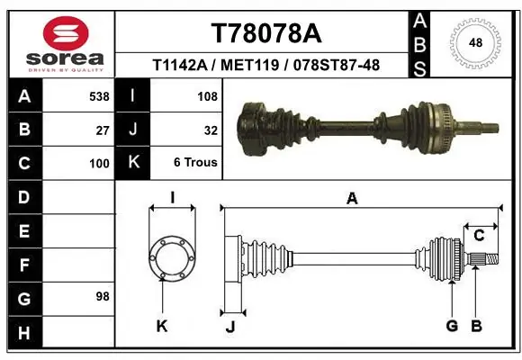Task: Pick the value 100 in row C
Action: pyautogui.click(x=99, y=164)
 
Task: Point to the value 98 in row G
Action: pyautogui.click(x=102, y=296)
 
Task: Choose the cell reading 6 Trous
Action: pyautogui.click(x=195, y=164)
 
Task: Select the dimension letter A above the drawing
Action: pyautogui.click(x=352, y=199)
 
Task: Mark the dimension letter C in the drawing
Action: pyautogui.click(x=479, y=236)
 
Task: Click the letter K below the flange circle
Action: pyautogui.click(x=161, y=327)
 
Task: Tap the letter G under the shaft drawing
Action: pyautogui.click(x=451, y=326)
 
